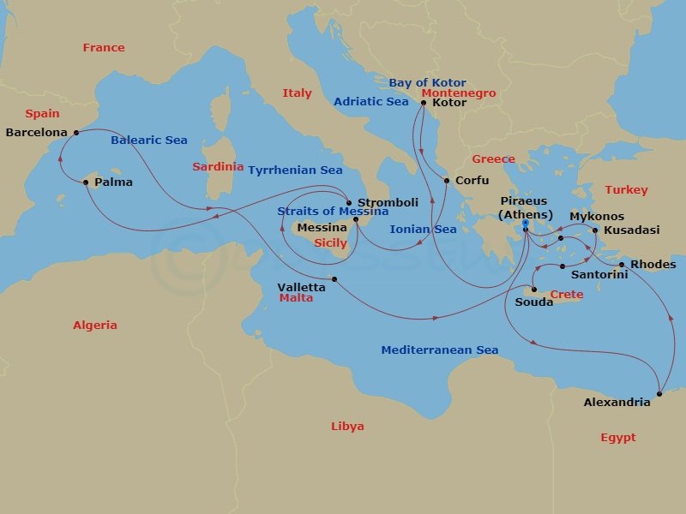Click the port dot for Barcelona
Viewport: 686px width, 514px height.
(76, 132)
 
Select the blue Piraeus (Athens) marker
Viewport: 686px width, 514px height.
(524, 224)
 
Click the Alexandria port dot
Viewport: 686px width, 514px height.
(659, 394)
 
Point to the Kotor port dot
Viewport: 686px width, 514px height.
(424, 103)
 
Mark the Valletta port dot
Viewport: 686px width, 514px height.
(334, 279)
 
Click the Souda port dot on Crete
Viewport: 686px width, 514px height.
(534, 289)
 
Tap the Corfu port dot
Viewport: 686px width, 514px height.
(446, 181)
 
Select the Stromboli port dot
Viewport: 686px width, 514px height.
(348, 203)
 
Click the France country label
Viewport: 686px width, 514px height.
(104, 48)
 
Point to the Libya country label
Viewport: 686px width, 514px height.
(347, 427)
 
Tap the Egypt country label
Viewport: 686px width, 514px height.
(617, 438)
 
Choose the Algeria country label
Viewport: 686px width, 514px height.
(95, 326)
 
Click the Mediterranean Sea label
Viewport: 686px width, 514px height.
(439, 350)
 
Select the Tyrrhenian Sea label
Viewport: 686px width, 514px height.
(295, 170)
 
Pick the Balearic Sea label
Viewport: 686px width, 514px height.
(149, 140)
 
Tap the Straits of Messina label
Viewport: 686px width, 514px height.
(327, 212)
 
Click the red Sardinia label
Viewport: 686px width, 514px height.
(218, 167)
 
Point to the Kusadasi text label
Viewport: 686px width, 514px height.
(631, 230)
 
